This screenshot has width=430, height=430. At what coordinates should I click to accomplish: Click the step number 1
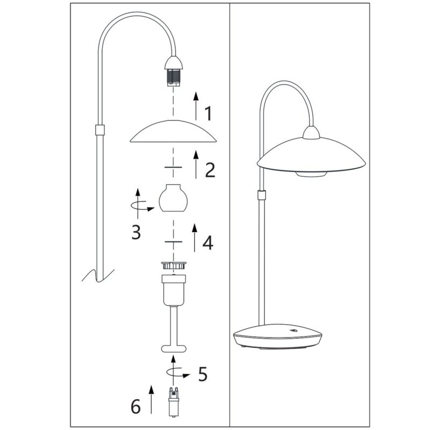(209, 113)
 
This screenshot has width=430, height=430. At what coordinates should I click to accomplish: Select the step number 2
(210, 170)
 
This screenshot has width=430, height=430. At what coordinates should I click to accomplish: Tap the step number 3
(136, 232)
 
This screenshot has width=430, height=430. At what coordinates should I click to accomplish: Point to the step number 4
(208, 242)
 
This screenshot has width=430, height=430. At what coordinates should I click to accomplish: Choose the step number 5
(203, 374)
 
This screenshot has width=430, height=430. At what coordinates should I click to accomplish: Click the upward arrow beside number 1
(196, 106)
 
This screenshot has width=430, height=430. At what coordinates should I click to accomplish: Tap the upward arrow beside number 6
(151, 399)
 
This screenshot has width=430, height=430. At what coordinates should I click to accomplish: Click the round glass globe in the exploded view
(173, 198)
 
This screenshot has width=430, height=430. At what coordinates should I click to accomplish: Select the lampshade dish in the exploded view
(173, 131)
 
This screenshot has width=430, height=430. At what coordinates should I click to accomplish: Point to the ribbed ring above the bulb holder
(174, 265)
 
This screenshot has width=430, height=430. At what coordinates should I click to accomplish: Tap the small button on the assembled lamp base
(294, 331)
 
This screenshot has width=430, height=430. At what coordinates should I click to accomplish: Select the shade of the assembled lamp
(311, 156)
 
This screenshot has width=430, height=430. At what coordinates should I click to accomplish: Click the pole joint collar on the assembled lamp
(262, 195)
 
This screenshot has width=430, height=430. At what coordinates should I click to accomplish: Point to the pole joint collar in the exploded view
(100, 130)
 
